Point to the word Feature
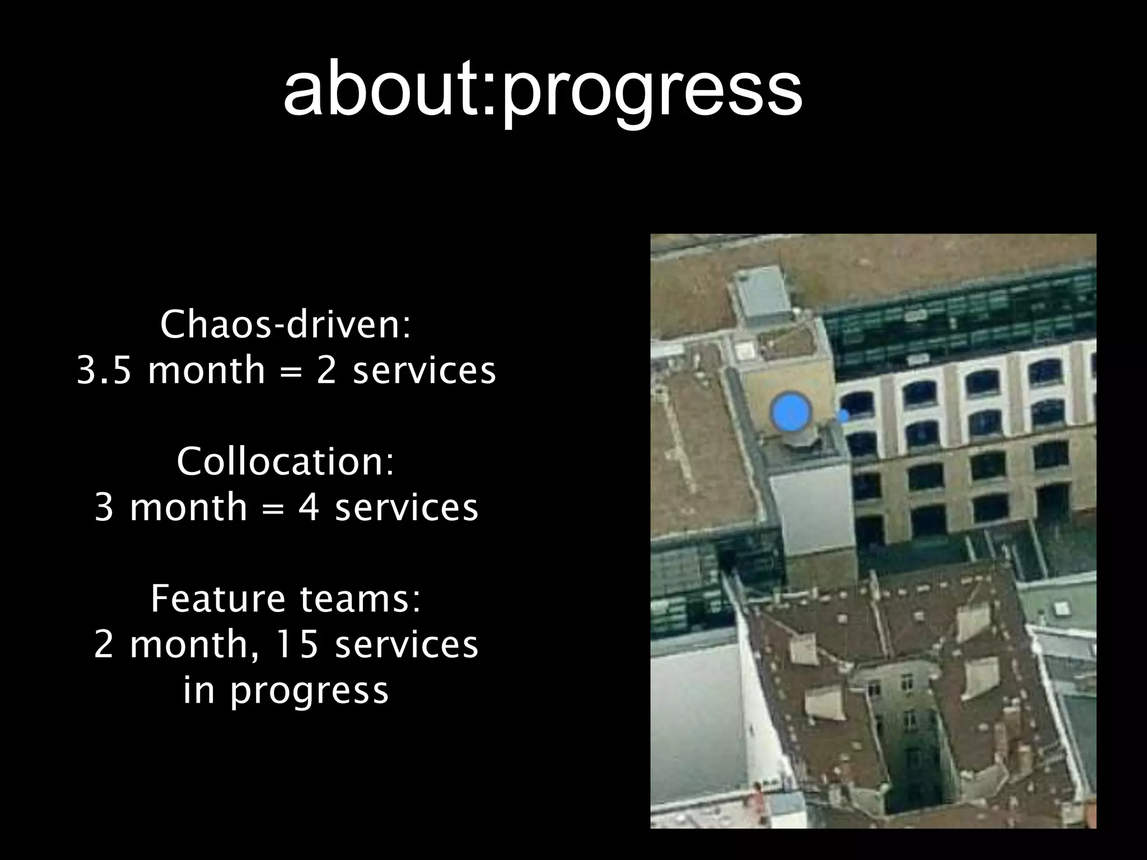click(x=218, y=599)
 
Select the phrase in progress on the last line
click(x=286, y=690)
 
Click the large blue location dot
click(x=790, y=412)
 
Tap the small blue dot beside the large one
click(x=843, y=416)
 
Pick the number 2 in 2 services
click(x=326, y=371)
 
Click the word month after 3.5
click(x=206, y=371)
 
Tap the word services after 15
click(x=406, y=644)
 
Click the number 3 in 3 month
click(x=104, y=508)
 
